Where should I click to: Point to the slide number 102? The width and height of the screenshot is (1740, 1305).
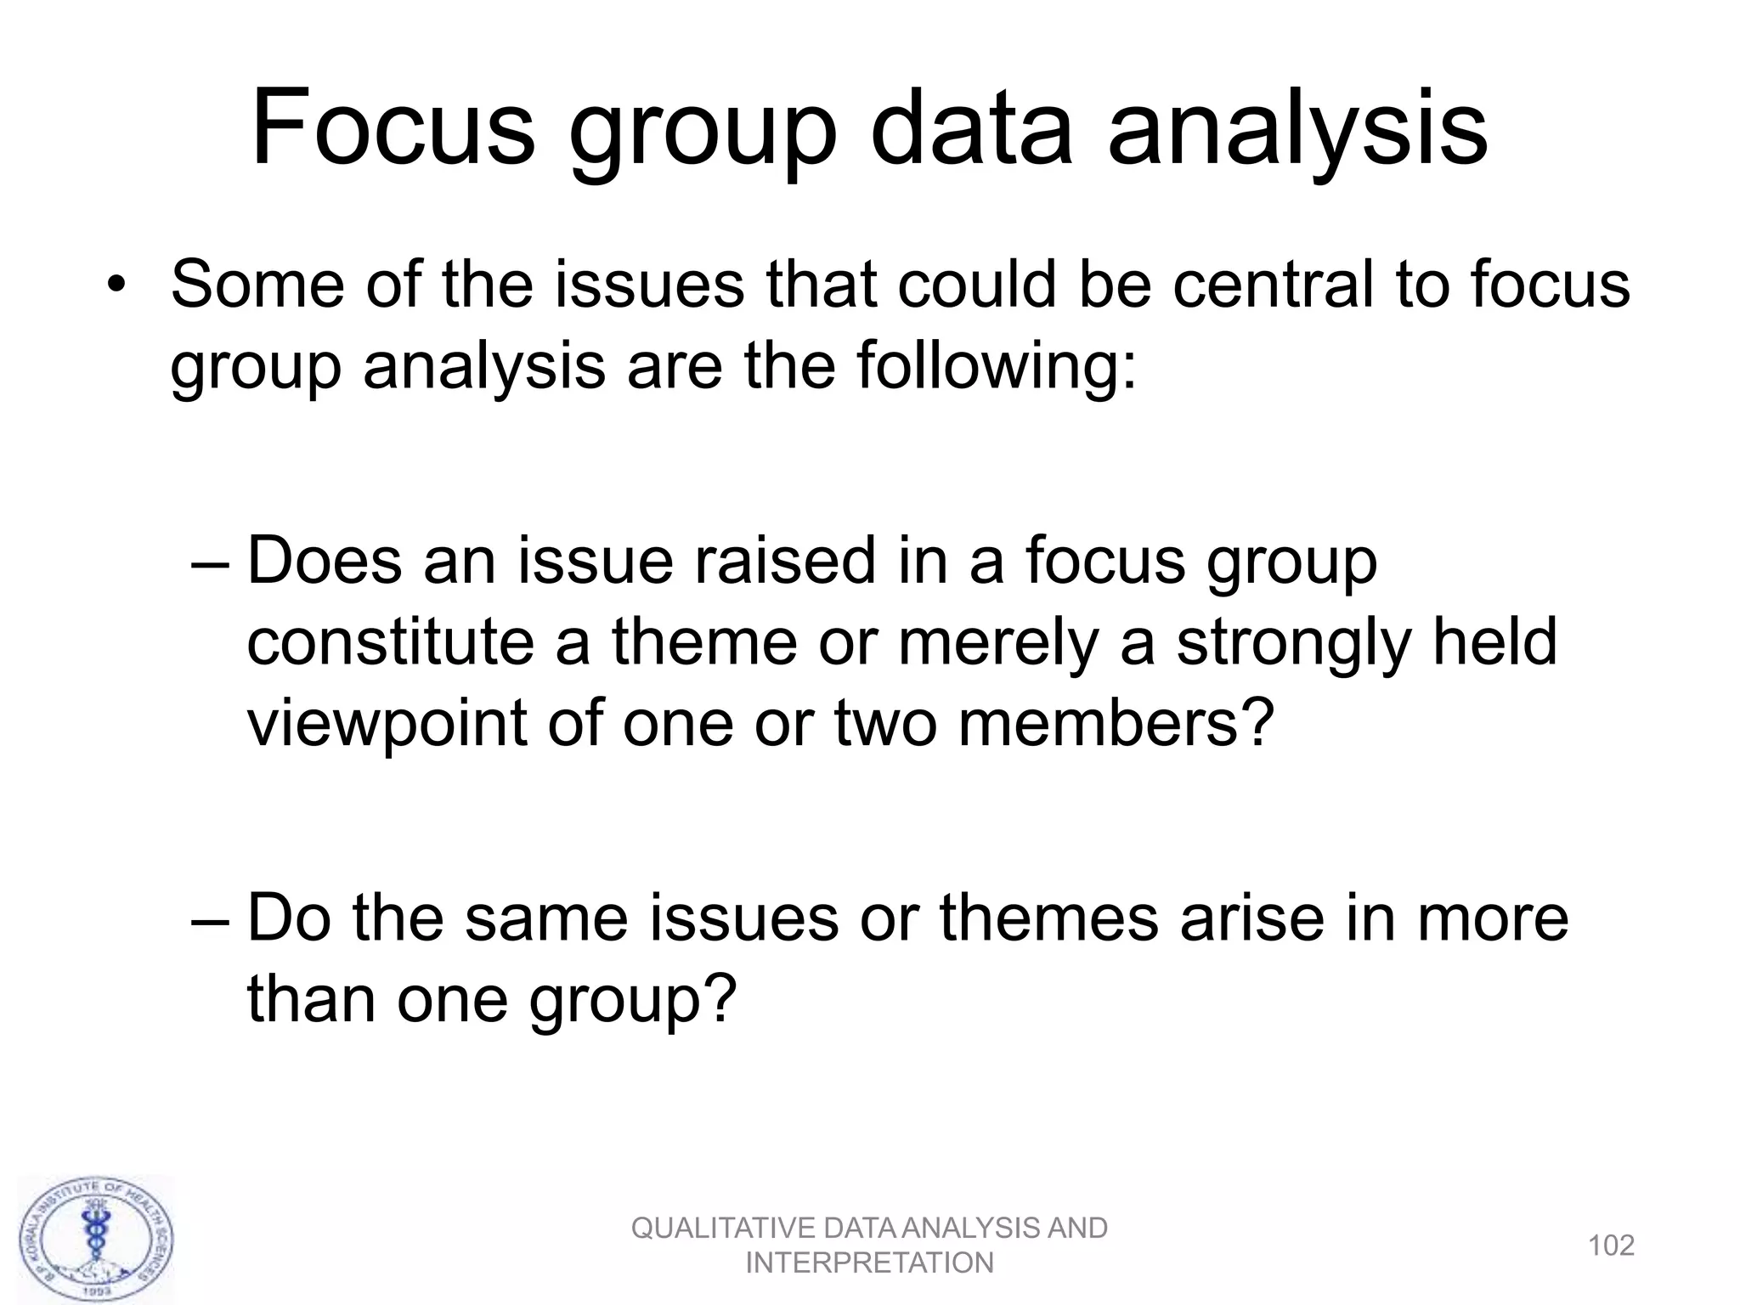pyautogui.click(x=1611, y=1246)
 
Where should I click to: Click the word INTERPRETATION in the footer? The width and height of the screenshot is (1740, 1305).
pyautogui.click(x=869, y=1263)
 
